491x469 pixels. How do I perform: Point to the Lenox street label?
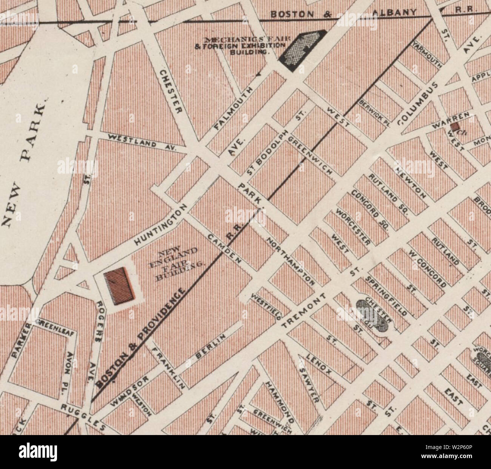319,364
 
